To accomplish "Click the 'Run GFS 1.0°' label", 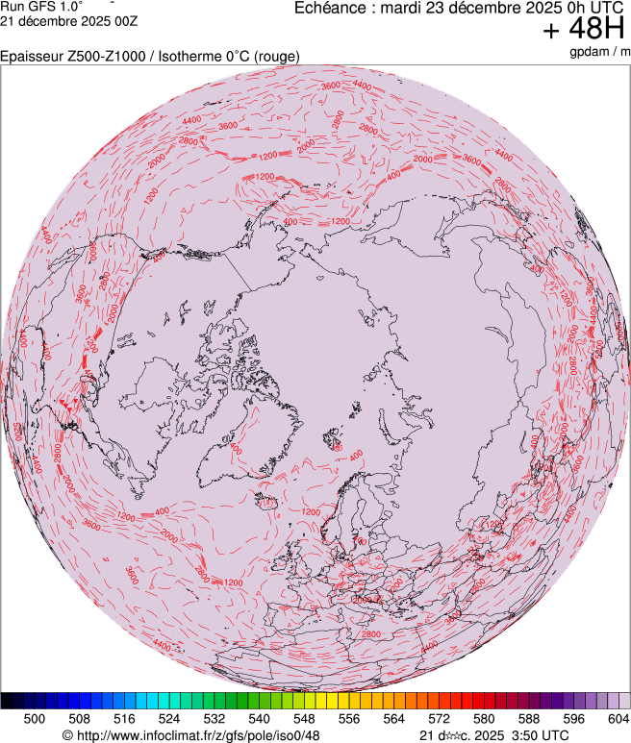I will tap(40, 6).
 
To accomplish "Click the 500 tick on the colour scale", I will tap(35, 718).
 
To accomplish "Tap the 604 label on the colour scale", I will tap(618, 718).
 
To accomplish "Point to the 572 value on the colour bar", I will tap(439, 718).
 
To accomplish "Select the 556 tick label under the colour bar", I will tap(348, 718).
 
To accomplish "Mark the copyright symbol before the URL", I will tap(67, 735).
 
